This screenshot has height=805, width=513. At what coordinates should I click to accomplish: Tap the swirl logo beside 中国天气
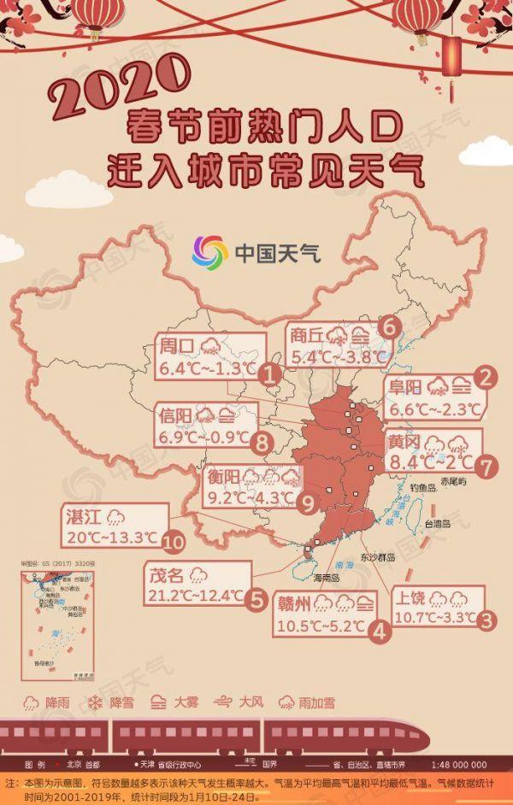coord(209,251)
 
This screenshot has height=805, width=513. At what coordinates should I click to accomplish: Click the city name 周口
coord(178,347)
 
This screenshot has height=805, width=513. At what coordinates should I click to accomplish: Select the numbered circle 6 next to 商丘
coord(389,326)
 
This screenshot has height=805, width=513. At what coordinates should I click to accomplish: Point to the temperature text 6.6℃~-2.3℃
coord(433,408)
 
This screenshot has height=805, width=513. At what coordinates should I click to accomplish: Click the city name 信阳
coord(175,417)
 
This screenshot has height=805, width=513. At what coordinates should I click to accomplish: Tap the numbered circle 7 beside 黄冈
coord(485,467)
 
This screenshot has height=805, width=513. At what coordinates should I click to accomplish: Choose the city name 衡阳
coord(222,478)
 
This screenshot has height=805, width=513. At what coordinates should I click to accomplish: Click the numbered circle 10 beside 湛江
coord(173,540)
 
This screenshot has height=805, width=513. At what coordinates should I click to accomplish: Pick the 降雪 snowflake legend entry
coord(113,702)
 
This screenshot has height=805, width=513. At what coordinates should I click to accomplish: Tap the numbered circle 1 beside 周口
coord(269,374)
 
